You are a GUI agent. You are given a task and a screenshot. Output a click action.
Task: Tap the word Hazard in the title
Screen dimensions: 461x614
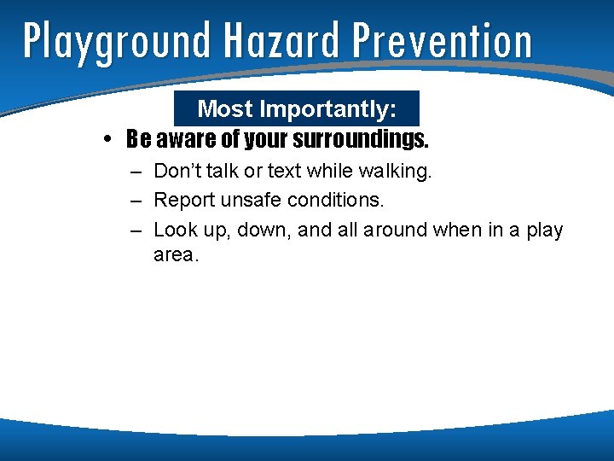click(x=280, y=41)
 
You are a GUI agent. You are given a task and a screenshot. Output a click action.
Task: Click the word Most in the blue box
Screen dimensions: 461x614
click(x=225, y=109)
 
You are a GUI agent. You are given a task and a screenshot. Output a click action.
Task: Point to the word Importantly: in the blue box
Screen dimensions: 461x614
click(x=327, y=109)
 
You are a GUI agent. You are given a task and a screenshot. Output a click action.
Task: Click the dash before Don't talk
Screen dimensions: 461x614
click(x=136, y=172)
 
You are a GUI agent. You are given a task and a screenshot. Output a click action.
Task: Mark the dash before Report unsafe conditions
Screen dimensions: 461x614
click(x=136, y=201)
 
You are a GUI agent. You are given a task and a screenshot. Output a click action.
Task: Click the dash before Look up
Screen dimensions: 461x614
click(x=136, y=230)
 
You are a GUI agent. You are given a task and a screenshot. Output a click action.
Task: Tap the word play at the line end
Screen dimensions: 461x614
click(x=544, y=230)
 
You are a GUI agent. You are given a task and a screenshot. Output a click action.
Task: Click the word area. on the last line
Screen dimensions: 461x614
click(x=176, y=254)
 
